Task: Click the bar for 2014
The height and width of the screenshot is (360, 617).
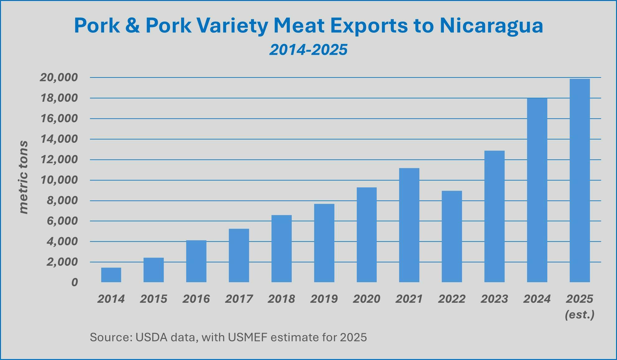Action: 111,275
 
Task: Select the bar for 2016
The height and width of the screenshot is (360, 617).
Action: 196,261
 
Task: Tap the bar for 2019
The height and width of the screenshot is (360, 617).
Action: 324,243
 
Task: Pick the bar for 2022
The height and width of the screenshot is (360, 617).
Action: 452,236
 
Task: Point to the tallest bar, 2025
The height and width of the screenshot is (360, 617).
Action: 580,180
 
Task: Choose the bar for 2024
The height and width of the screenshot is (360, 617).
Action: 537,190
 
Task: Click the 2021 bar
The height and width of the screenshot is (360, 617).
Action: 409,225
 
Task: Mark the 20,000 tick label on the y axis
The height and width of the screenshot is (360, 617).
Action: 59,77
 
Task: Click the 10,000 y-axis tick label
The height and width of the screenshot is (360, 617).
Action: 59,180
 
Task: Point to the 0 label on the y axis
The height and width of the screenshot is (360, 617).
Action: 74,283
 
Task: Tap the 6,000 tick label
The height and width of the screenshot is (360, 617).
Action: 62,221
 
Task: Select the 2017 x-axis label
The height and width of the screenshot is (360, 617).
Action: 239,299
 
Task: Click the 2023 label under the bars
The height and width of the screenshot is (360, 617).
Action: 494,299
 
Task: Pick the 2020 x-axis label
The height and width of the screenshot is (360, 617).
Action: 366,299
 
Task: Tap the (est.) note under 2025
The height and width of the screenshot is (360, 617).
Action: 580,315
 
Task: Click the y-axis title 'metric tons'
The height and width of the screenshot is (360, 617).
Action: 23,177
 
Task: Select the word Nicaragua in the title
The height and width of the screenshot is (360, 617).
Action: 491,26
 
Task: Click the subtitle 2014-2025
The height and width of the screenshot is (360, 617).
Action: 308,50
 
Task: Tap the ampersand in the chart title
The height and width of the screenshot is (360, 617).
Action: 133,26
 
